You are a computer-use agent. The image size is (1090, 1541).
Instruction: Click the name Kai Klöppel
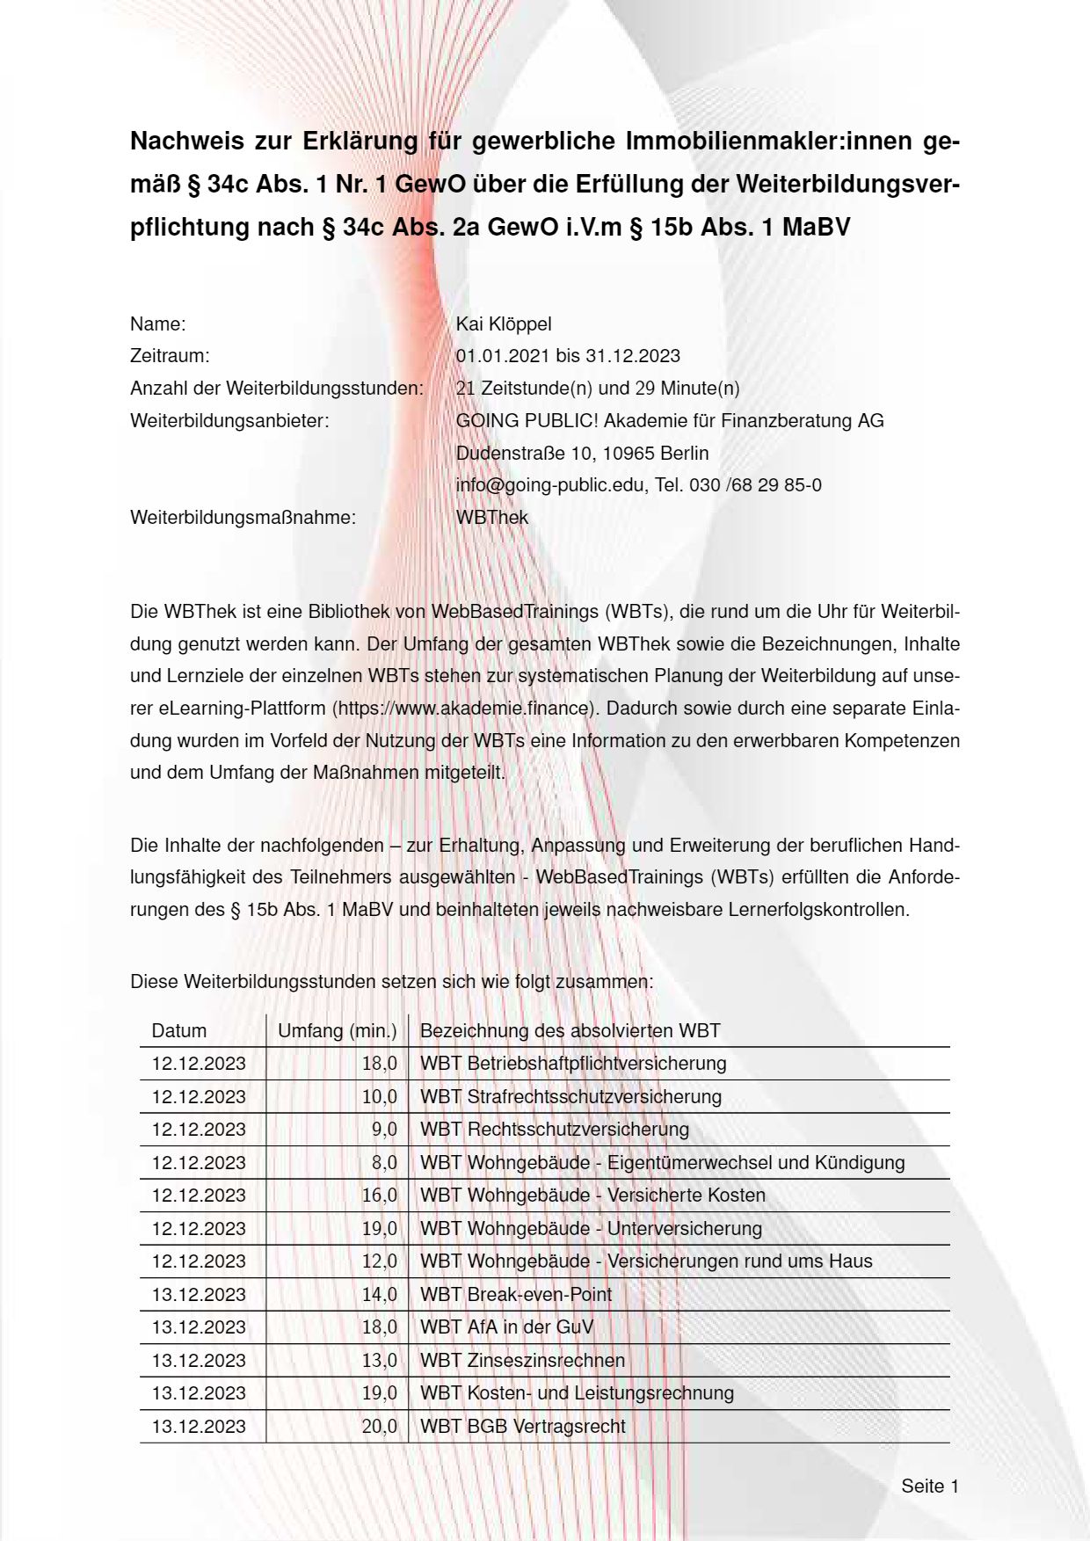(504, 324)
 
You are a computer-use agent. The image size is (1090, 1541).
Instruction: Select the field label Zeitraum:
(170, 356)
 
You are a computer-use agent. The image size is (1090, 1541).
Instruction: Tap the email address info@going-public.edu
(549, 485)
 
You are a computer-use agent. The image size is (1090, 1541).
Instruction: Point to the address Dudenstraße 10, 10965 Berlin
(582, 454)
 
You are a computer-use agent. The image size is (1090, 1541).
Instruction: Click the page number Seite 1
(929, 1486)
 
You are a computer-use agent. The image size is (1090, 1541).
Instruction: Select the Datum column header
(179, 1031)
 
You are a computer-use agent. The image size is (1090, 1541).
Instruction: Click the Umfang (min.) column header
(337, 1031)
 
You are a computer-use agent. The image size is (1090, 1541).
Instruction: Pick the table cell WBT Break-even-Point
(516, 1294)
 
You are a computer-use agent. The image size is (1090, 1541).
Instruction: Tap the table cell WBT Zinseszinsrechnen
(523, 1360)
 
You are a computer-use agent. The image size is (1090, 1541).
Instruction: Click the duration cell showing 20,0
(379, 1426)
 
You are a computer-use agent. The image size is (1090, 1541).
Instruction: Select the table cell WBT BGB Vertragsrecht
(523, 1426)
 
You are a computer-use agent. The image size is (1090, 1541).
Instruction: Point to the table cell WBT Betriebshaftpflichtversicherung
(573, 1064)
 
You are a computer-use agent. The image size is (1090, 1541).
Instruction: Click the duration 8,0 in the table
(384, 1162)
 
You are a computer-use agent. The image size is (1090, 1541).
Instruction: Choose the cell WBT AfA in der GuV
(507, 1327)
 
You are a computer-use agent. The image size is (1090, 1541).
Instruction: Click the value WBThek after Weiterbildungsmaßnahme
(492, 518)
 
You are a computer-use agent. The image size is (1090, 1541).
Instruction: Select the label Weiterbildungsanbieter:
(229, 421)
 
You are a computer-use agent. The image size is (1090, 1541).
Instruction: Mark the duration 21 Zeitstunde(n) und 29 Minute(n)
(598, 389)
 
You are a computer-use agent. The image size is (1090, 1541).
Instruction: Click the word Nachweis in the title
(185, 141)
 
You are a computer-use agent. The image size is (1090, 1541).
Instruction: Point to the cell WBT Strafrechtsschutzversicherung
(570, 1097)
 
